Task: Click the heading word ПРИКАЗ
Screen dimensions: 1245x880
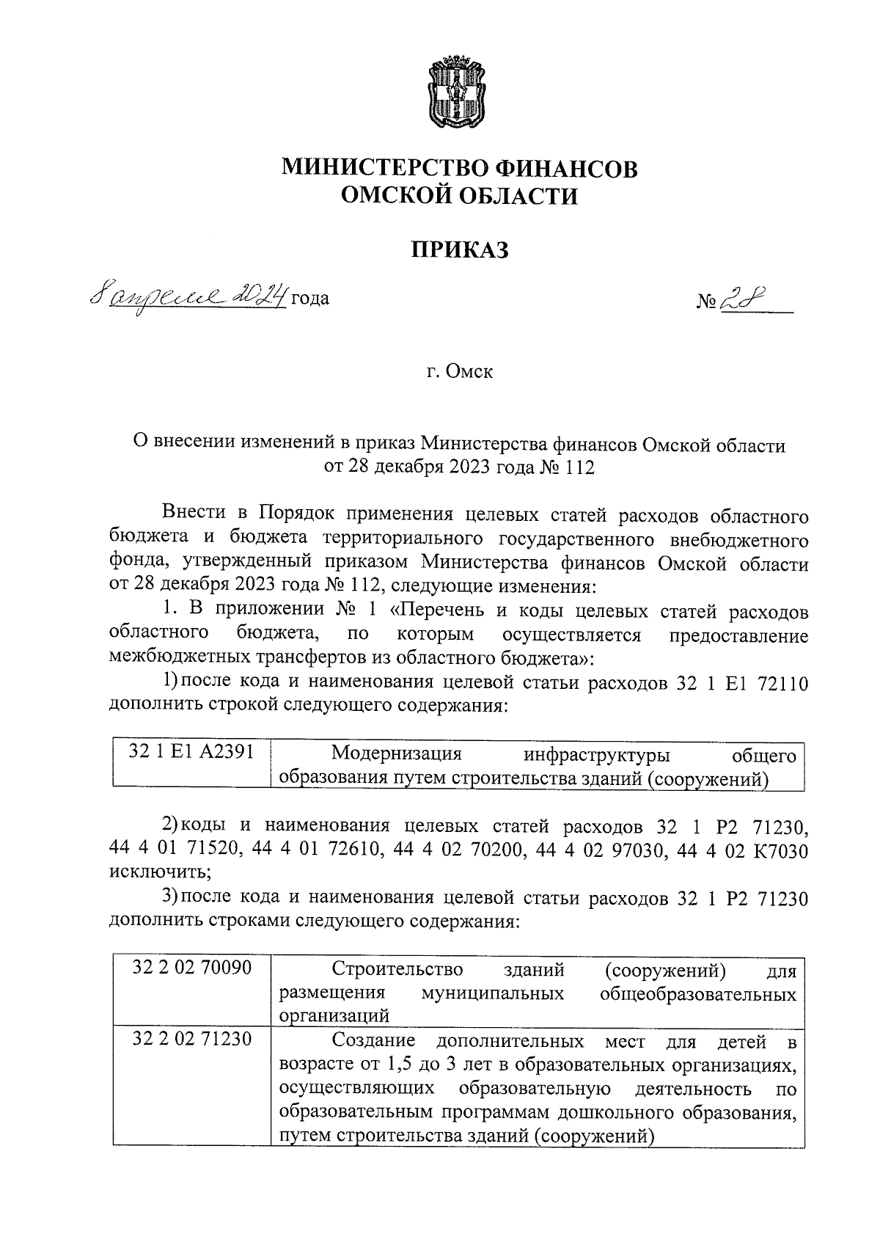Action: point(459,250)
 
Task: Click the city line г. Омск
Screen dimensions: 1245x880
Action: point(460,371)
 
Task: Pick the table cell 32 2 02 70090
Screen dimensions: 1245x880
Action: point(192,968)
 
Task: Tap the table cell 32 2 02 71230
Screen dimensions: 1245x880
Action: point(192,1040)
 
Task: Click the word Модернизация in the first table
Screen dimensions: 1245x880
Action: point(396,753)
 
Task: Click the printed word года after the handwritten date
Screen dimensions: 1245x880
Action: point(310,299)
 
